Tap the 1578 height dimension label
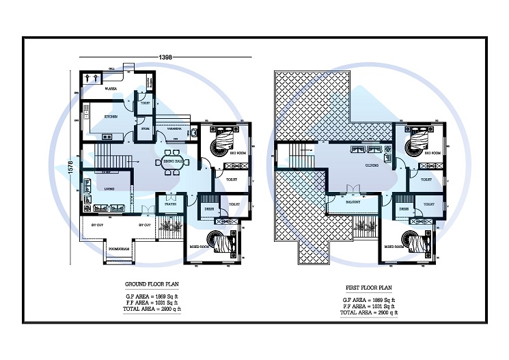coord(70,168)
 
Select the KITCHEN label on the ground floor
coord(111,117)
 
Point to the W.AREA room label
coord(109,89)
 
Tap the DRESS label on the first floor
coord(404,210)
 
